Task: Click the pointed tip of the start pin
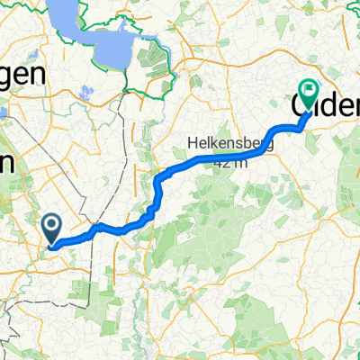pyautogui.click(x=52, y=243)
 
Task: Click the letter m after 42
pyautogui.click(x=238, y=160)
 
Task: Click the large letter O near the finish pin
pyautogui.click(x=302, y=105)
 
